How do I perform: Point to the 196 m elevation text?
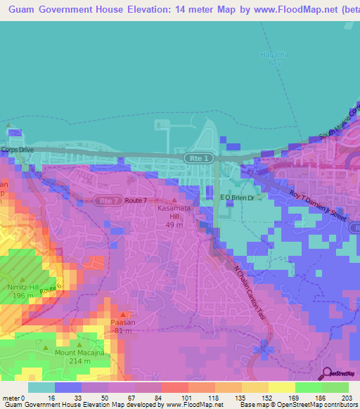pos(22,296)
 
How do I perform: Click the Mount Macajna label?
pos(79,353)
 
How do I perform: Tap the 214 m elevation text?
pos(79,361)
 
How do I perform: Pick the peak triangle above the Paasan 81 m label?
pos(123,314)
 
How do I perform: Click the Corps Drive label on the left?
pos(18,150)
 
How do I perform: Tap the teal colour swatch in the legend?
pos(41,387)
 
